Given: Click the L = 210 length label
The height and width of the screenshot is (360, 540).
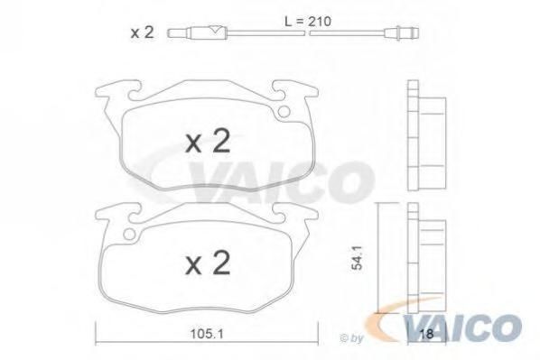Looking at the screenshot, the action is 308,22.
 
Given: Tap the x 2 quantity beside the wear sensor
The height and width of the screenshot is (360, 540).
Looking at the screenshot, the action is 142,32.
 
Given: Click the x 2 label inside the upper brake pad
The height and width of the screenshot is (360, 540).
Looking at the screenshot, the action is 208,141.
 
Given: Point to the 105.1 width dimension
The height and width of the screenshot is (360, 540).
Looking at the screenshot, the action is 207,333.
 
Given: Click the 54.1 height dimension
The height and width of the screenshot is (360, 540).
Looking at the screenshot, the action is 358,257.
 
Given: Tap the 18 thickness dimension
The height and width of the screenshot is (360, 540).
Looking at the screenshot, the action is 427,334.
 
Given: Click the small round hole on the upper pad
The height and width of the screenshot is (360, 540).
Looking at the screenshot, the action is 284,112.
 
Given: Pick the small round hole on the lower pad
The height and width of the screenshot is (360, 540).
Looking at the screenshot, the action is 129,234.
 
